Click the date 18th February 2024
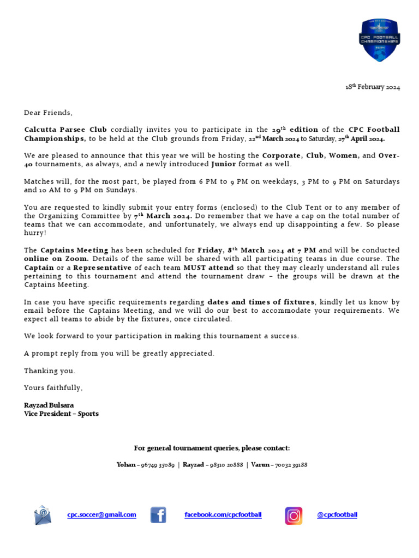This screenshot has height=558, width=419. [x=373, y=88]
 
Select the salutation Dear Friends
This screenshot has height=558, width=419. [x=47, y=113]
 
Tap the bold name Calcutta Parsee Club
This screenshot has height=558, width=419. [x=65, y=130]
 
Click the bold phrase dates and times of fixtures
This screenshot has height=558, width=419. [x=261, y=302]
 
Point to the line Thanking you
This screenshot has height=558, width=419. [x=50, y=371]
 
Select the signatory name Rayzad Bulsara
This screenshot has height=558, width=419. [x=49, y=405]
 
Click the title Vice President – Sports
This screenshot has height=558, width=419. [x=61, y=414]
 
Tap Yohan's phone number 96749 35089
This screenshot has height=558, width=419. [x=158, y=465]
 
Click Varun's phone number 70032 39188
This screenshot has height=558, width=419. [x=291, y=465]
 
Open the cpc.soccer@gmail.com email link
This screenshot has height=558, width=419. [x=102, y=515]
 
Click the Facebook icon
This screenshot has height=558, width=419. [x=158, y=515]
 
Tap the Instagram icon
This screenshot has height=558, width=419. [x=294, y=515]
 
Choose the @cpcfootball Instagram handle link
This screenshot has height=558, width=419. [x=337, y=515]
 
